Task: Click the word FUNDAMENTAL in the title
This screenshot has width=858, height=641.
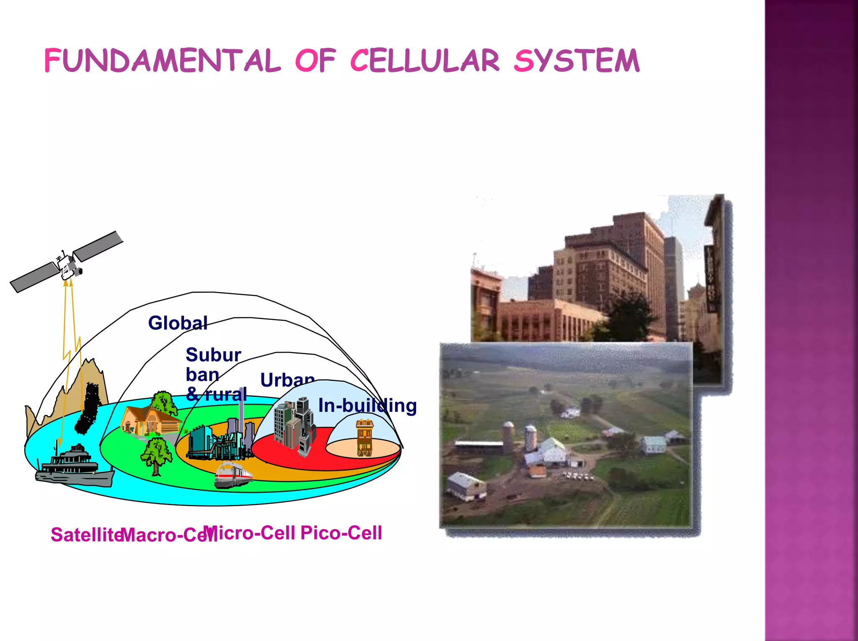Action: pyautogui.click(x=162, y=61)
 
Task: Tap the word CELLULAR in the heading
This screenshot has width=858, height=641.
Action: pyautogui.click(x=424, y=61)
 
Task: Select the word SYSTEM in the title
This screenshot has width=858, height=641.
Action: pyautogui.click(x=576, y=61)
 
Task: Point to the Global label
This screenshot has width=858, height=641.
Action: pyautogui.click(x=178, y=323)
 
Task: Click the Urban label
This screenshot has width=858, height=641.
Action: pyautogui.click(x=287, y=380)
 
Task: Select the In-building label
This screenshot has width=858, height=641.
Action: pyautogui.click(x=367, y=405)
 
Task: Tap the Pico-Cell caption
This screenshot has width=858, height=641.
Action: pyautogui.click(x=341, y=533)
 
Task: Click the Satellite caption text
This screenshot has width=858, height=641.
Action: pyautogui.click(x=86, y=535)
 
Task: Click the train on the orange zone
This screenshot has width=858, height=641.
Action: pyautogui.click(x=233, y=474)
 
